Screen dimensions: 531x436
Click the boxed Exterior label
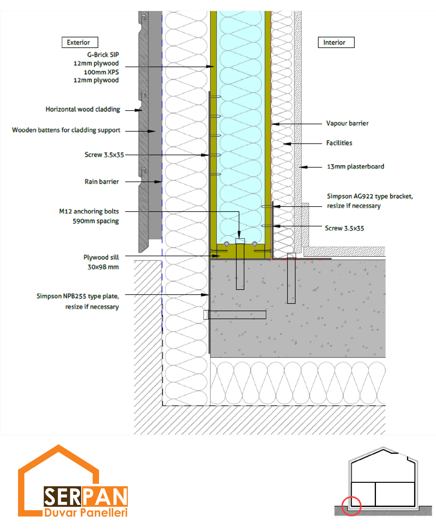(80, 42)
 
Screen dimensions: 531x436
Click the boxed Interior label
(336, 42)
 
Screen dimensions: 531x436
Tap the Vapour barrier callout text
(347, 123)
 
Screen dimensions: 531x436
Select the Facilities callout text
(339, 143)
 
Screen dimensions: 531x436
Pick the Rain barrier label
(102, 181)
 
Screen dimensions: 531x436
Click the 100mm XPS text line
(101, 72)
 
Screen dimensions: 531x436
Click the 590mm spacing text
(96, 221)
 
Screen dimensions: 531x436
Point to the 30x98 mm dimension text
(103, 267)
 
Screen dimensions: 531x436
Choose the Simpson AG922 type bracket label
(370, 196)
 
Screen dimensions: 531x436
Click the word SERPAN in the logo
(86, 496)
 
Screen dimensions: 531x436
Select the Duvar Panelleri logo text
(86, 512)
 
